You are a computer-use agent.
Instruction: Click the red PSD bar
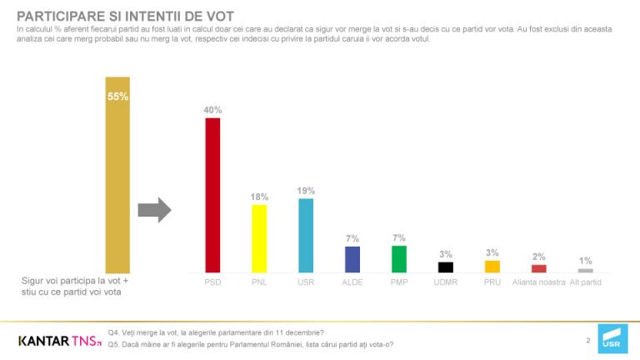pyautogui.click(x=212, y=195)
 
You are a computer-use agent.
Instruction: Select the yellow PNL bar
pyautogui.click(x=259, y=238)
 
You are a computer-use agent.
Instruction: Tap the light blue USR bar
pyautogui.click(x=306, y=235)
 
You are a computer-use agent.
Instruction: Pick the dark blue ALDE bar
pyautogui.click(x=352, y=259)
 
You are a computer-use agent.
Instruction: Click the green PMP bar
pyautogui.click(x=399, y=259)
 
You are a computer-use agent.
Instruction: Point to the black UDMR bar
pyautogui.click(x=446, y=267)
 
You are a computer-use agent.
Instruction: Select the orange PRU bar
pyautogui.click(x=492, y=267)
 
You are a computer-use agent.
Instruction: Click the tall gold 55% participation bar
pyautogui.click(x=117, y=174)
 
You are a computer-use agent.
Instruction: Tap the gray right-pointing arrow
pyautogui.click(x=154, y=211)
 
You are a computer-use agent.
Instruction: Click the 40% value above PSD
pyautogui.click(x=212, y=109)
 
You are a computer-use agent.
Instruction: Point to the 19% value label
pyautogui.click(x=306, y=190)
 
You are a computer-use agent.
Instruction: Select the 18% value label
pyautogui.click(x=259, y=197)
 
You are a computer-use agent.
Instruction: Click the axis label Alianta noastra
pyautogui.click(x=538, y=282)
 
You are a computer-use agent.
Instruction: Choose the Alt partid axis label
pyautogui.click(x=585, y=282)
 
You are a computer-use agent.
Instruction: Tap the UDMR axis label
pyautogui.click(x=446, y=282)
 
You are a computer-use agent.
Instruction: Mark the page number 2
pyautogui.click(x=587, y=340)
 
